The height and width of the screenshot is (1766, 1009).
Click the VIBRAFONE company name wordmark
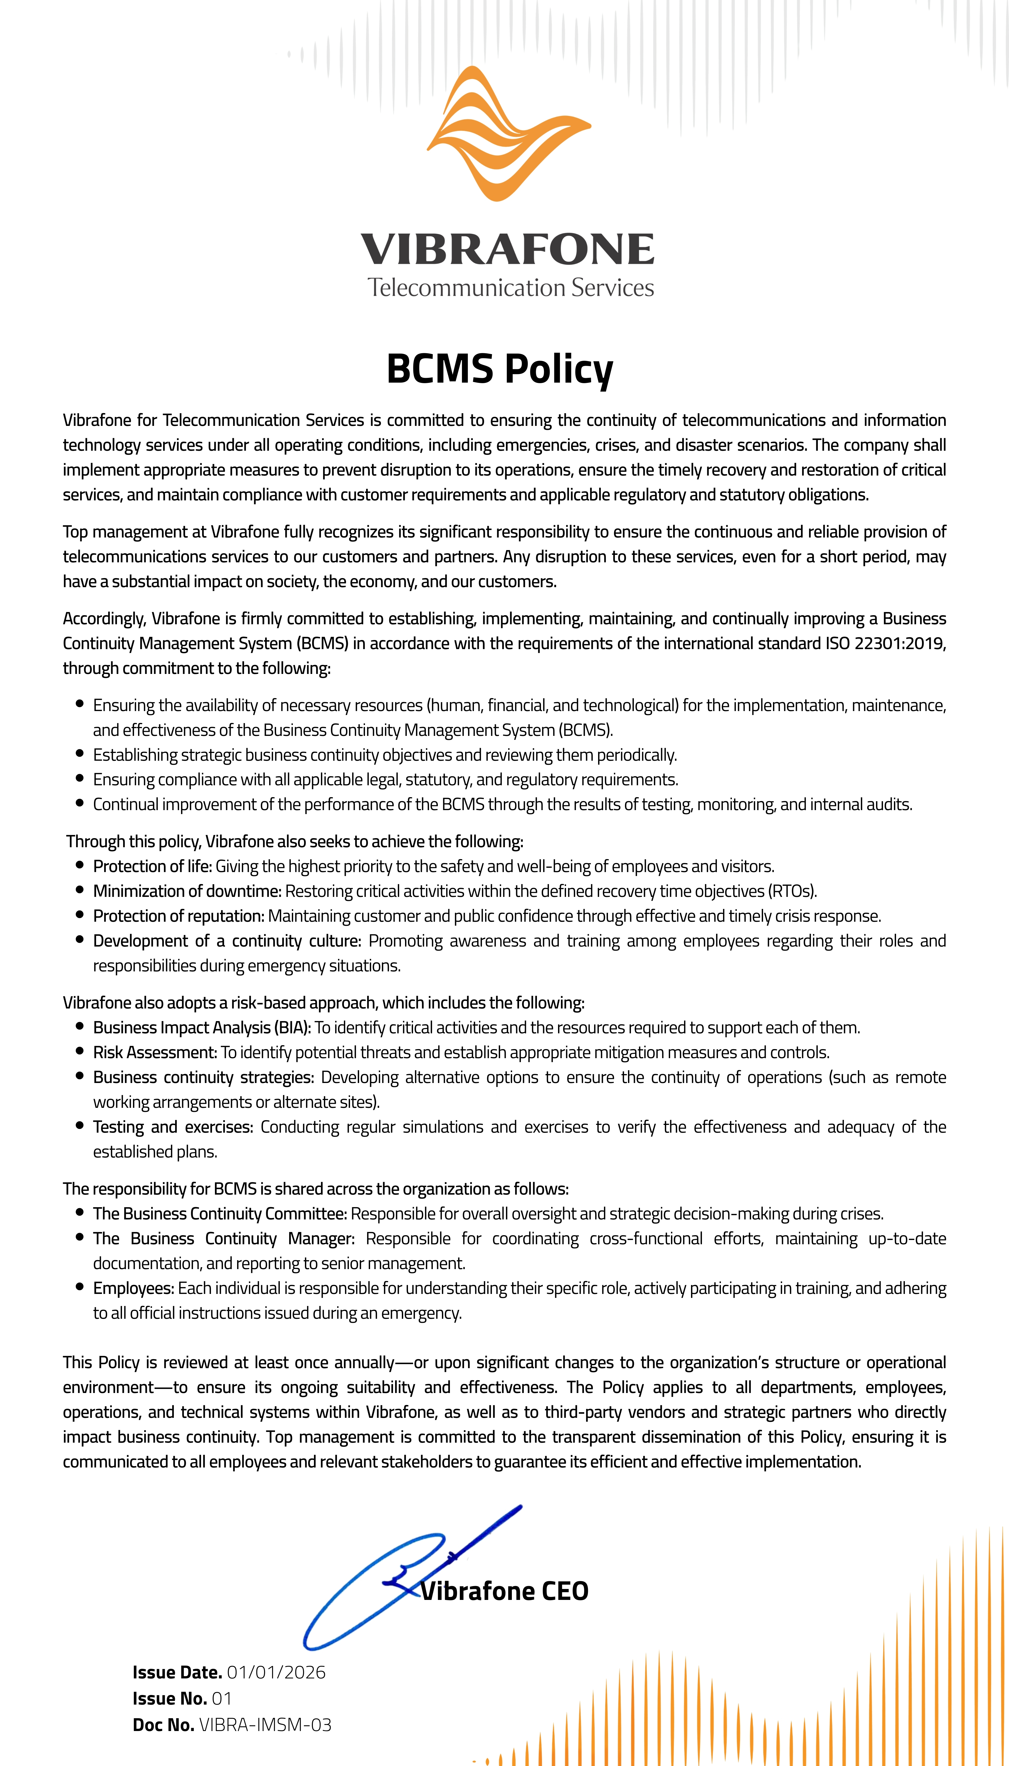coord(507,249)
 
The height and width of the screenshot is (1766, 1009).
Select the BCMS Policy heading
coord(500,368)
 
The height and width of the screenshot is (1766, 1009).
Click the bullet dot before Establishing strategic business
coord(80,754)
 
